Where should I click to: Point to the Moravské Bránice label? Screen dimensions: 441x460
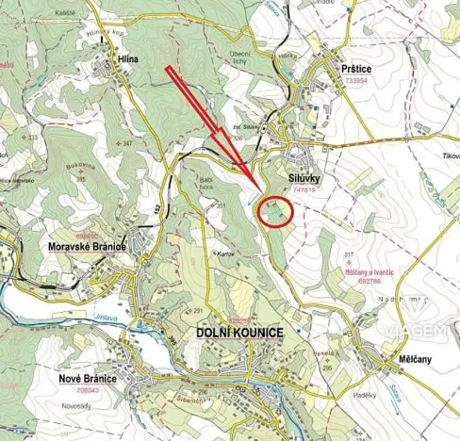[x=87, y=244]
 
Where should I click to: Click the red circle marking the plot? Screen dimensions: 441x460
[x=275, y=211]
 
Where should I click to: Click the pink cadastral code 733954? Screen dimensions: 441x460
[x=356, y=82]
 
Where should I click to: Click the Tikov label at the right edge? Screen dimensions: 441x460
[x=450, y=156]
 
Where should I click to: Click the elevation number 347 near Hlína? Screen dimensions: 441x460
[x=126, y=143]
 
